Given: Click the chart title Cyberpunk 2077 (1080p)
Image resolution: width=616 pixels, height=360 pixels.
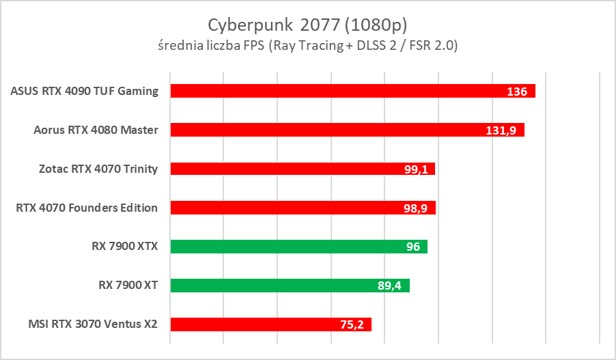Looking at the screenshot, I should pos(307,25).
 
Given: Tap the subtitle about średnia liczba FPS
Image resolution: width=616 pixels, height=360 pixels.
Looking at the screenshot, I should pos(307,46).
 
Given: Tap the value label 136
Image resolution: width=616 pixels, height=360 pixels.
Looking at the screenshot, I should pos(517,92).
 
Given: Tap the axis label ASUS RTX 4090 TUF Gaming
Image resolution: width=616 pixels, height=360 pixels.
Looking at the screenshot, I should pos(85,91).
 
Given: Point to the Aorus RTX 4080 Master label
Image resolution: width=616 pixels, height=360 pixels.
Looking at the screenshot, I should pos(96,130).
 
